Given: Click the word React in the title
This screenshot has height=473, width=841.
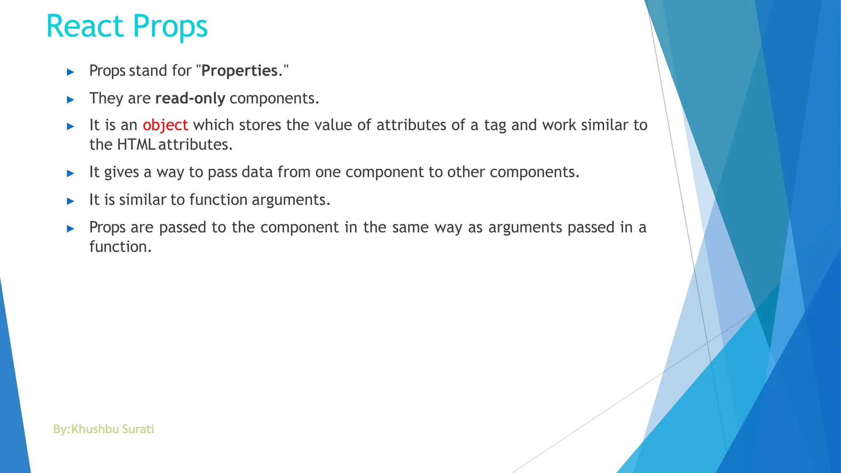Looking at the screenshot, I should pos(85,26).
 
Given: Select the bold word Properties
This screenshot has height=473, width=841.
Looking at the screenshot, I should pos(239,71).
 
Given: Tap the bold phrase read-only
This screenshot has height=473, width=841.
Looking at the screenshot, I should pos(190,99).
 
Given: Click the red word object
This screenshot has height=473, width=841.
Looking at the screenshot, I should pos(165,125).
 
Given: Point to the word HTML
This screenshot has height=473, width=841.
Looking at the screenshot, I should pos(136,145).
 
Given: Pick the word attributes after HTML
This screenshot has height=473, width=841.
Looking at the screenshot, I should pos(195,145).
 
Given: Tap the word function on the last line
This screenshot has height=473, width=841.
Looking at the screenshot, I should pos(120,247).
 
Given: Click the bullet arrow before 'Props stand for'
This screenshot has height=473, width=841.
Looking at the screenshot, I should pos(71,72).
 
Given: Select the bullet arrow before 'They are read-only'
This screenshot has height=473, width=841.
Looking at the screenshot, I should pos(71,100).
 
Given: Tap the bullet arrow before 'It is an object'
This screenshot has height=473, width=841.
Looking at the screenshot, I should pos(71,126).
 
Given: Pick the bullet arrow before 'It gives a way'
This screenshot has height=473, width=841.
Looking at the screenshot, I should pos(71,174).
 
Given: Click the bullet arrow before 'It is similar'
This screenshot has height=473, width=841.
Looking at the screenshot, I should pos(71,201).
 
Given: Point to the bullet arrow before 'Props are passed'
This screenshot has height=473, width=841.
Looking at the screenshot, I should pos(71,229).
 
